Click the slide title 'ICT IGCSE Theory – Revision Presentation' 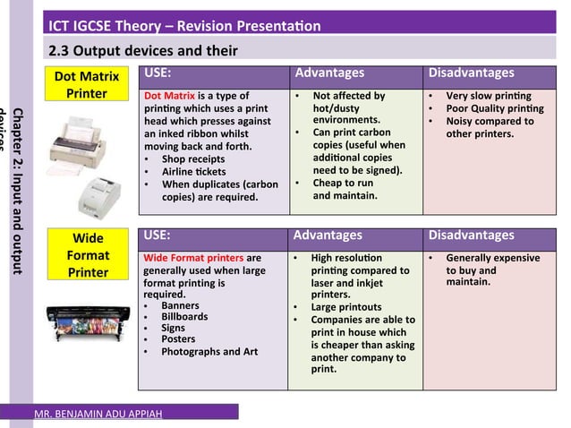184,26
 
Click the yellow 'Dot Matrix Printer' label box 87,85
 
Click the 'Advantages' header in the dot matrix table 329,73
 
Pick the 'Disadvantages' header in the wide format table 470,235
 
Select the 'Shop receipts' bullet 194,158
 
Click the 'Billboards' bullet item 184,317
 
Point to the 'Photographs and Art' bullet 209,352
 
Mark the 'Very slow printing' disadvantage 488,95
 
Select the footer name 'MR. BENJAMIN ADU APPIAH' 98,415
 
